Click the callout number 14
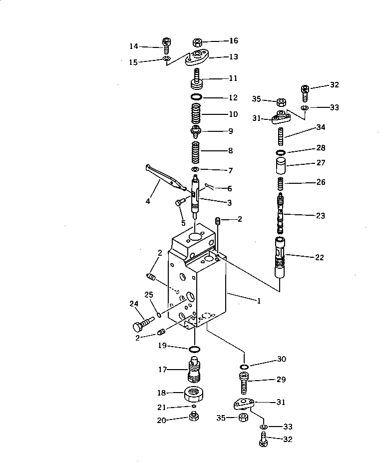click(x=133, y=46)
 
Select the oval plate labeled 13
click(x=198, y=59)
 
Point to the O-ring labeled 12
click(x=197, y=96)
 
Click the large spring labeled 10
click(x=197, y=114)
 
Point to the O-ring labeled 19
click(x=195, y=348)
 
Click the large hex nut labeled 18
click(x=195, y=394)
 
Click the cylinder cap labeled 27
click(x=281, y=165)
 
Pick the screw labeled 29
click(x=245, y=382)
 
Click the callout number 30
click(x=281, y=359)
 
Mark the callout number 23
click(x=320, y=216)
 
